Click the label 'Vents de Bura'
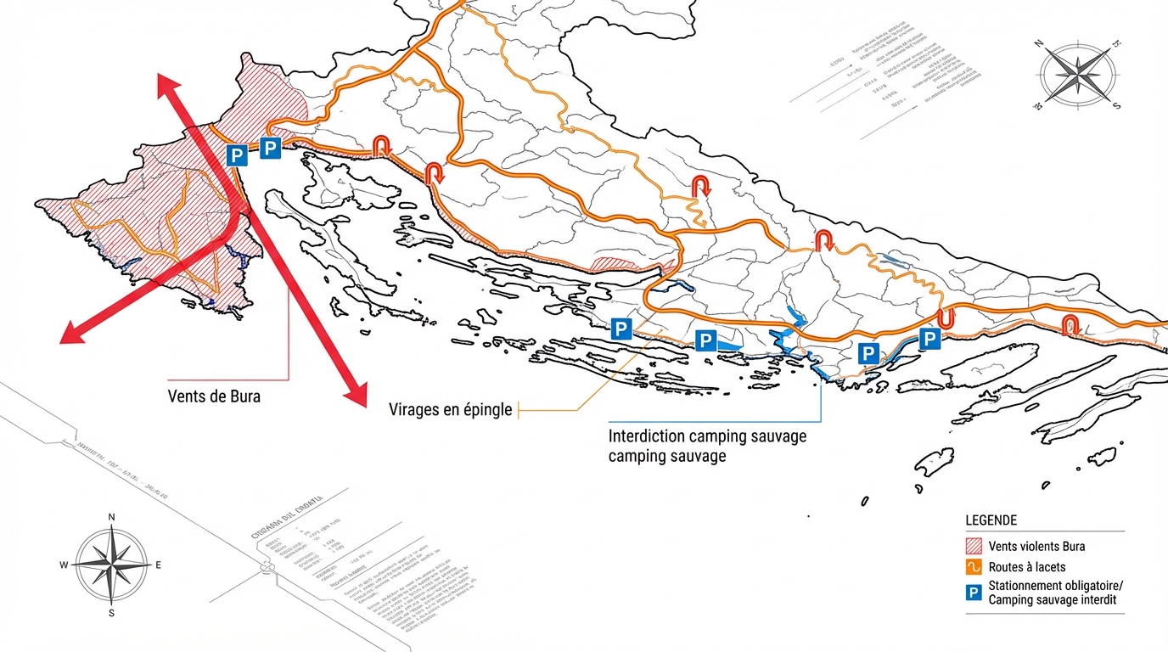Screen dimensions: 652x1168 pyautogui.click(x=214, y=396)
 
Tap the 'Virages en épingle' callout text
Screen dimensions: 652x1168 pyautogui.click(x=451, y=410)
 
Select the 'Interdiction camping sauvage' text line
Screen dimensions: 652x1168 pyautogui.click(x=707, y=436)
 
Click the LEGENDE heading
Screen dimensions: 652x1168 pyautogui.click(x=991, y=520)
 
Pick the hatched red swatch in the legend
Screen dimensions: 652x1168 pyautogui.click(x=974, y=546)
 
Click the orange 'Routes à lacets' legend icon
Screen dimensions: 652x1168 pyautogui.click(x=974, y=567)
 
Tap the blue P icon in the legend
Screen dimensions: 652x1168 pyautogui.click(x=974, y=593)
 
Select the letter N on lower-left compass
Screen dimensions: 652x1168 pyautogui.click(x=111, y=517)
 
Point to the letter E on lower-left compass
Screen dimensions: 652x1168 pyautogui.click(x=158, y=565)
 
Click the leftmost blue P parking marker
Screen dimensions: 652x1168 pyautogui.click(x=237, y=155)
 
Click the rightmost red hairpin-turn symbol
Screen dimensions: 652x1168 pyautogui.click(x=1070, y=324)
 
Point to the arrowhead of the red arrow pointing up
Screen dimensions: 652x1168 pyautogui.click(x=165, y=83)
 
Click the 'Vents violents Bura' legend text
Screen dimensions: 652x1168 pyautogui.click(x=1036, y=546)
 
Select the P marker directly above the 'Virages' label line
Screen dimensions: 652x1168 pyautogui.click(x=621, y=329)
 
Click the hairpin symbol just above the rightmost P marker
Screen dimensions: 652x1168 pyautogui.click(x=945, y=318)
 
